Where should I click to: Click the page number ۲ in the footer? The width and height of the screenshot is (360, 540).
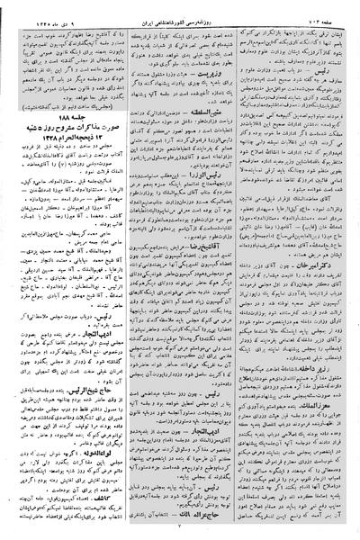tap(179, 531)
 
